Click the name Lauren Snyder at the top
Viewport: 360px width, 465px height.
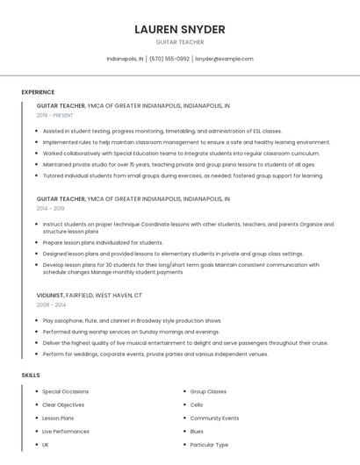click(x=180, y=29)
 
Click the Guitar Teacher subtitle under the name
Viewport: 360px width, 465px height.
click(x=180, y=42)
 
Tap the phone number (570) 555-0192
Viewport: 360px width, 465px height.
click(x=169, y=59)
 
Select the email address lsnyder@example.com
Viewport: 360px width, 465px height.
click(x=224, y=59)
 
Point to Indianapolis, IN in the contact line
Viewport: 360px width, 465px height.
click(x=125, y=59)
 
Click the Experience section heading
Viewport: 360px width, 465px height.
click(x=38, y=92)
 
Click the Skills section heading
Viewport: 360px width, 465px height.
click(x=31, y=376)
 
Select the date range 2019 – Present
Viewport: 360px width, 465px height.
click(x=55, y=115)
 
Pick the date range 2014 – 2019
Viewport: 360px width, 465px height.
click(x=51, y=209)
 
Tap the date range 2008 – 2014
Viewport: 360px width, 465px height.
click(x=51, y=305)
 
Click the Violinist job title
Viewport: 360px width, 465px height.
click(x=50, y=296)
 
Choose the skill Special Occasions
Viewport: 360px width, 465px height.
click(x=65, y=391)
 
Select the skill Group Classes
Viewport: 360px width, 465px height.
click(x=208, y=391)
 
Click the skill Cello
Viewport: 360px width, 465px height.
click(x=197, y=404)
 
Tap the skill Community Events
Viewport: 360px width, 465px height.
click(x=214, y=418)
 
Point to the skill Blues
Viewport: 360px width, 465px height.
click(x=197, y=432)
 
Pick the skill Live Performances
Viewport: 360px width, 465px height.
click(x=66, y=432)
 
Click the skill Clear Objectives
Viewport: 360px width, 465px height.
click(x=63, y=404)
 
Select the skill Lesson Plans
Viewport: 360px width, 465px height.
click(x=58, y=418)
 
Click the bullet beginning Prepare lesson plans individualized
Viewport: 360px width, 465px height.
click(x=103, y=242)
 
